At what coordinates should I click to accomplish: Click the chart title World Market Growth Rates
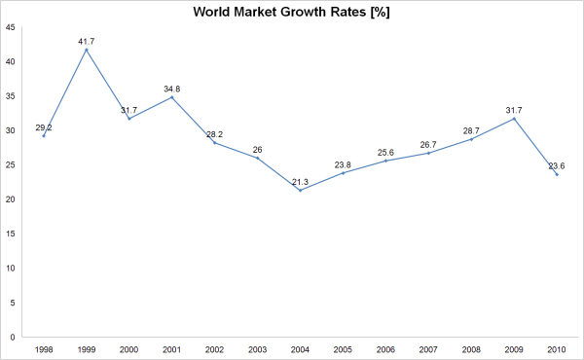(292, 13)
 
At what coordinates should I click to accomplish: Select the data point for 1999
(87, 50)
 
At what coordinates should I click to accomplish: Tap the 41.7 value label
(87, 40)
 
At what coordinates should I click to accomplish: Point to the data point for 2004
(300, 190)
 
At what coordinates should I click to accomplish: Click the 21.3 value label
(300, 181)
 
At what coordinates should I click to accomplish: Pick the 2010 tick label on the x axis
(557, 348)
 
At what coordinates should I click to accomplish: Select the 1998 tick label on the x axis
(44, 348)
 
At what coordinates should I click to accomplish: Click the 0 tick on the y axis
(12, 337)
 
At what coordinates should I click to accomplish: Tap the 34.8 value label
(171, 89)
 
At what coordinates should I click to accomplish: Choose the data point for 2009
(514, 119)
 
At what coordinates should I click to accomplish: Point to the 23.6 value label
(557, 164)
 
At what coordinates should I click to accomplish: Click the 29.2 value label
(44, 126)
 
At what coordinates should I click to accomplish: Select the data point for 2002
(214, 143)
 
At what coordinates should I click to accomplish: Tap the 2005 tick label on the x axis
(343, 348)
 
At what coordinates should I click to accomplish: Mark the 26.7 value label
(428, 144)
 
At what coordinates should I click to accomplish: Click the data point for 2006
(385, 161)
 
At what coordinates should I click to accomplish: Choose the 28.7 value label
(471, 129)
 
